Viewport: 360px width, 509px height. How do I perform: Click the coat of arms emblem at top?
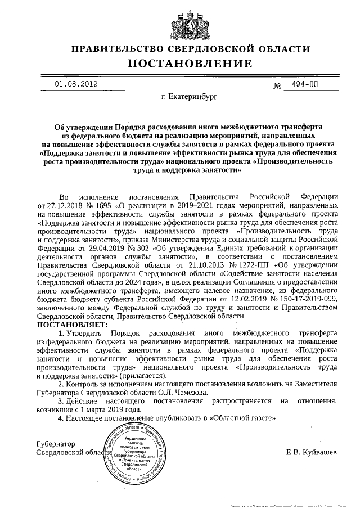pos(181,22)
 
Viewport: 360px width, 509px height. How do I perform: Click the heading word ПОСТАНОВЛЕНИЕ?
pos(180,63)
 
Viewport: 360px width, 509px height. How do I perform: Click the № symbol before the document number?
pos(277,87)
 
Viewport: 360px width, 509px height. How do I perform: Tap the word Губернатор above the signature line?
pos(55,444)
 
